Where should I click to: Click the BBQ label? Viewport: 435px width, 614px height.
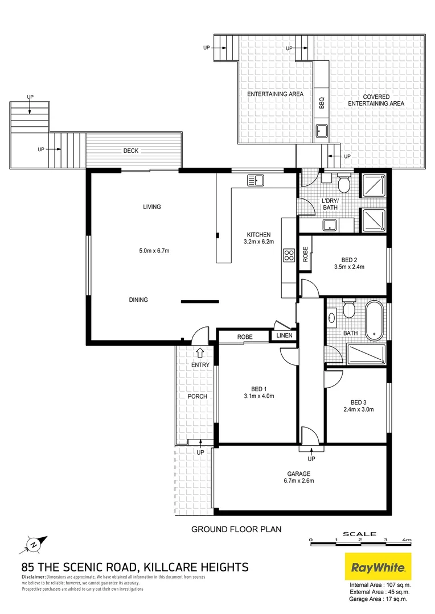point(321,103)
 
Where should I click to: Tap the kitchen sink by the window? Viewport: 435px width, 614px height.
point(256,181)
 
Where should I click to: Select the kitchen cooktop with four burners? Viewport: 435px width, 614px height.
point(289,255)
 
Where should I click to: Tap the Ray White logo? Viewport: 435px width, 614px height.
point(378,567)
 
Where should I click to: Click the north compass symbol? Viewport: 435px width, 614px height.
point(32,545)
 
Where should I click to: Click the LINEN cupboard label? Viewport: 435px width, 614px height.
point(284,336)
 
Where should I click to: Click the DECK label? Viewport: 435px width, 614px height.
point(131,151)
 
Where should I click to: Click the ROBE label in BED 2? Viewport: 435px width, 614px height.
point(305,253)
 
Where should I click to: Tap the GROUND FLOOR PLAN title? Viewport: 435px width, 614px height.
point(236,529)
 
